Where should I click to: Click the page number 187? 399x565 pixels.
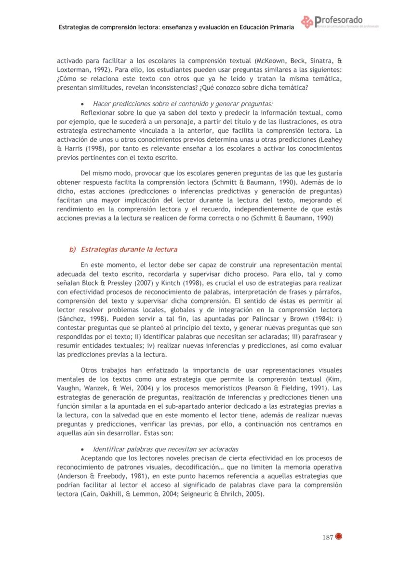click(x=327, y=537)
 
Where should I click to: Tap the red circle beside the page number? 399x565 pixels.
click(x=338, y=537)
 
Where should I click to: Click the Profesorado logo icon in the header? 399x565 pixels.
click(x=307, y=22)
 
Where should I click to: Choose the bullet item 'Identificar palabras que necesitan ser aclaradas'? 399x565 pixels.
click(x=165, y=449)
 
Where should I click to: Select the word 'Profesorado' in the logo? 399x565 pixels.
click(x=339, y=20)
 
